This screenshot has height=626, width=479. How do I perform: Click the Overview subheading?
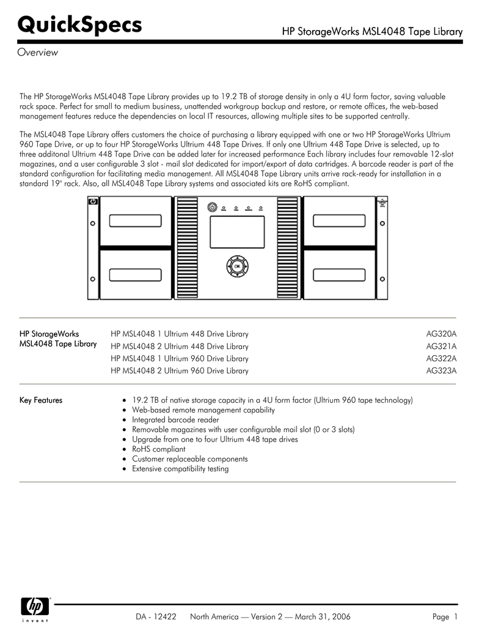[37, 53]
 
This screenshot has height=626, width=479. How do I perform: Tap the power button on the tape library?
[211, 207]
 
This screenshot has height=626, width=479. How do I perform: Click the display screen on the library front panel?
[237, 232]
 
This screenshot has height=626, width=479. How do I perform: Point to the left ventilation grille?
[186, 248]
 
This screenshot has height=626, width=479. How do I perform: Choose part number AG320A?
[441, 334]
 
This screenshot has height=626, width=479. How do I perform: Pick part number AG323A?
[441, 371]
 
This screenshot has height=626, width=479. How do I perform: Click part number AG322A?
[441, 359]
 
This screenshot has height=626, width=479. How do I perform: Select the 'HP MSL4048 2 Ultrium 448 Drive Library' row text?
[180, 347]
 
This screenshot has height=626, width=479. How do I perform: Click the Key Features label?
[41, 400]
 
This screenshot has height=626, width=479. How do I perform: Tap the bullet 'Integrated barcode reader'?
[175, 420]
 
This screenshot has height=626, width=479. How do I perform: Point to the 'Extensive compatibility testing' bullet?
[180, 469]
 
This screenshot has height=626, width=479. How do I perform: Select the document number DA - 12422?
[156, 617]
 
